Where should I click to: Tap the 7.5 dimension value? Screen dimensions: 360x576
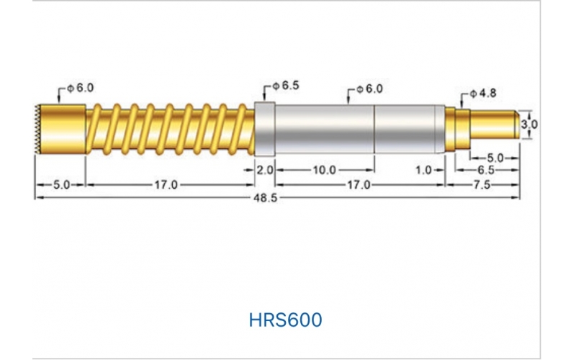(482, 184)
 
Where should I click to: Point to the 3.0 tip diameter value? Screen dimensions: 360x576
(529, 124)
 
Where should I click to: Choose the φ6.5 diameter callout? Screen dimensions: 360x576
(285, 86)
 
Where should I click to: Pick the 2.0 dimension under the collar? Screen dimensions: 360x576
(265, 170)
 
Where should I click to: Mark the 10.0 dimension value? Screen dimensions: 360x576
(323, 170)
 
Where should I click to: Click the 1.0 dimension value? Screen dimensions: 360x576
(424, 170)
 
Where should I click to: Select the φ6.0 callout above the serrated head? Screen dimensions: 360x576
(80, 88)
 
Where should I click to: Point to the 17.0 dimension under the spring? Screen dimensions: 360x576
(165, 184)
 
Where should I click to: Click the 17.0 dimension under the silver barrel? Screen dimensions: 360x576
(358, 184)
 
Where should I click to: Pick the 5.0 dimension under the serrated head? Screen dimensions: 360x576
(60, 184)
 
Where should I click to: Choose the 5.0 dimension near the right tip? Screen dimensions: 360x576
(495, 157)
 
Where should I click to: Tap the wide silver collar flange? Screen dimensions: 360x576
(266, 129)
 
